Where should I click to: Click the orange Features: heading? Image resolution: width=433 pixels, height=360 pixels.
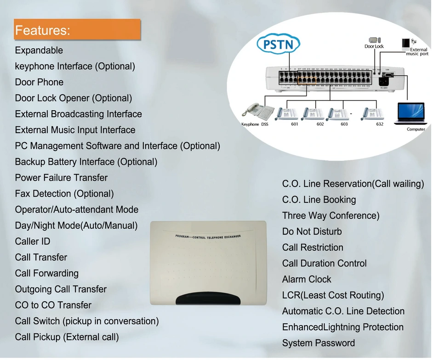pyautogui.click(x=77, y=30)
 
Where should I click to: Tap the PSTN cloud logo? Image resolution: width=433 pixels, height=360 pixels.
pyautogui.click(x=278, y=45)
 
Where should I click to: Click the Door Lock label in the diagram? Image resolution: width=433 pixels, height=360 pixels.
pyautogui.click(x=374, y=46)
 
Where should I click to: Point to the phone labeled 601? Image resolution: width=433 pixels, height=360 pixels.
pyautogui.click(x=288, y=113)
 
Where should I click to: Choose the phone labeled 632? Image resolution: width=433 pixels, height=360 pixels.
pyautogui.click(x=372, y=113)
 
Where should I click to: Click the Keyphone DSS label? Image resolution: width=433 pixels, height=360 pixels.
pyautogui.click(x=255, y=124)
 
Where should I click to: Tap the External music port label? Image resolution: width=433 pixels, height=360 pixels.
pyautogui.click(x=418, y=51)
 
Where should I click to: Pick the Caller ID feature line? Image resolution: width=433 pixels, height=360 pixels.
pyautogui.click(x=33, y=242)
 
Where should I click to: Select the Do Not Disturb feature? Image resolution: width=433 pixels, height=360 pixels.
pyautogui.click(x=312, y=232)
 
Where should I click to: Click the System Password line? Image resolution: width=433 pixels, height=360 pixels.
pyautogui.click(x=318, y=343)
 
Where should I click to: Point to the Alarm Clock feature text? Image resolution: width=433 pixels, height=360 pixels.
pyautogui.click(x=307, y=279)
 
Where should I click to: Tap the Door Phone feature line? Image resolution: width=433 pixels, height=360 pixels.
pyautogui.click(x=39, y=82)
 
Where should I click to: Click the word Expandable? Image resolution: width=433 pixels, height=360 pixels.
pyautogui.click(x=39, y=51)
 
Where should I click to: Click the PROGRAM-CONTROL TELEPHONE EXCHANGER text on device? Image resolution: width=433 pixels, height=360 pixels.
pyautogui.click(x=208, y=236)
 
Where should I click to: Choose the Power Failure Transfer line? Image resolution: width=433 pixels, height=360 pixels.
pyautogui.click(x=61, y=178)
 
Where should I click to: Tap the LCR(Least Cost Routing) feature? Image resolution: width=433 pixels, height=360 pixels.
pyautogui.click(x=333, y=295)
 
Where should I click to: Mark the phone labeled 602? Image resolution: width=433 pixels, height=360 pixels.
pyautogui.click(x=313, y=113)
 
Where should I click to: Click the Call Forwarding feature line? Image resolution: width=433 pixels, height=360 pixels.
pyautogui.click(x=47, y=273)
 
